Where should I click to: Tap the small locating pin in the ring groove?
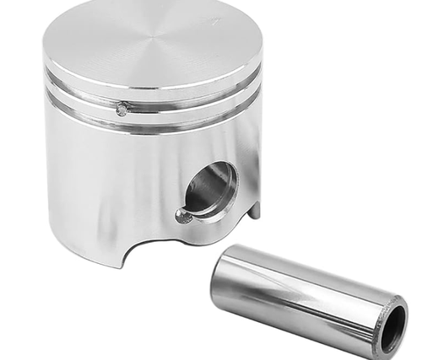(122, 109)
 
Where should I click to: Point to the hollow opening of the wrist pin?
(392, 328)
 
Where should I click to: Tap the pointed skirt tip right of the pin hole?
(253, 211)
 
